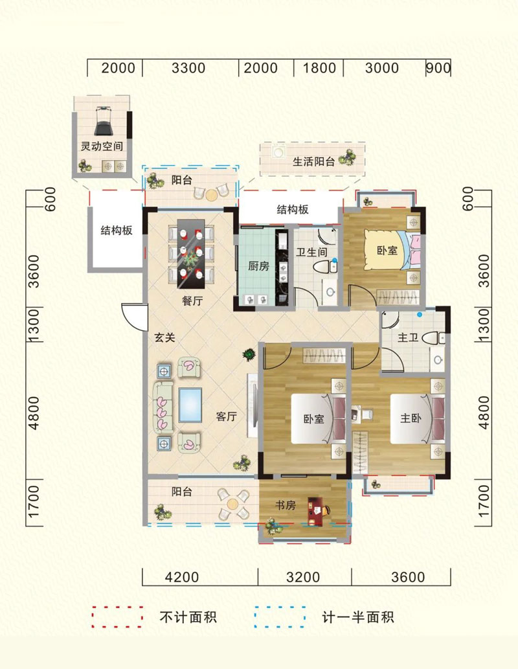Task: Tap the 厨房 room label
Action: pyautogui.click(x=258, y=266)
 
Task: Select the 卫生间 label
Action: pyautogui.click(x=311, y=252)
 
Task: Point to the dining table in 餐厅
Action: pyautogui.click(x=191, y=253)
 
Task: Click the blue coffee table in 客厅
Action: pyautogui.click(x=190, y=405)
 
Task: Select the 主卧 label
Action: pyautogui.click(x=410, y=418)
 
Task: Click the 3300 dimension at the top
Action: pyautogui.click(x=188, y=68)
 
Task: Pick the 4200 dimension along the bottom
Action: pyautogui.click(x=182, y=577)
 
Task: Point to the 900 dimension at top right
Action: pyautogui.click(x=438, y=68)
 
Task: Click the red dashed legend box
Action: pyautogui.click(x=117, y=617)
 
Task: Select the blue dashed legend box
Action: pyautogui.click(x=280, y=617)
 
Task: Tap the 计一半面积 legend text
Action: pyautogui.click(x=357, y=617)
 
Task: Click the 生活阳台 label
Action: pyautogui.click(x=313, y=162)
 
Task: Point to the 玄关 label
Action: pyautogui.click(x=164, y=337)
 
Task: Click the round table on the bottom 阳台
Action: pyautogui.click(x=232, y=504)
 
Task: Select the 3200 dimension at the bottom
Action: pyautogui.click(x=303, y=577)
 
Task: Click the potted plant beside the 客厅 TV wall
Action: pyautogui.click(x=249, y=354)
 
